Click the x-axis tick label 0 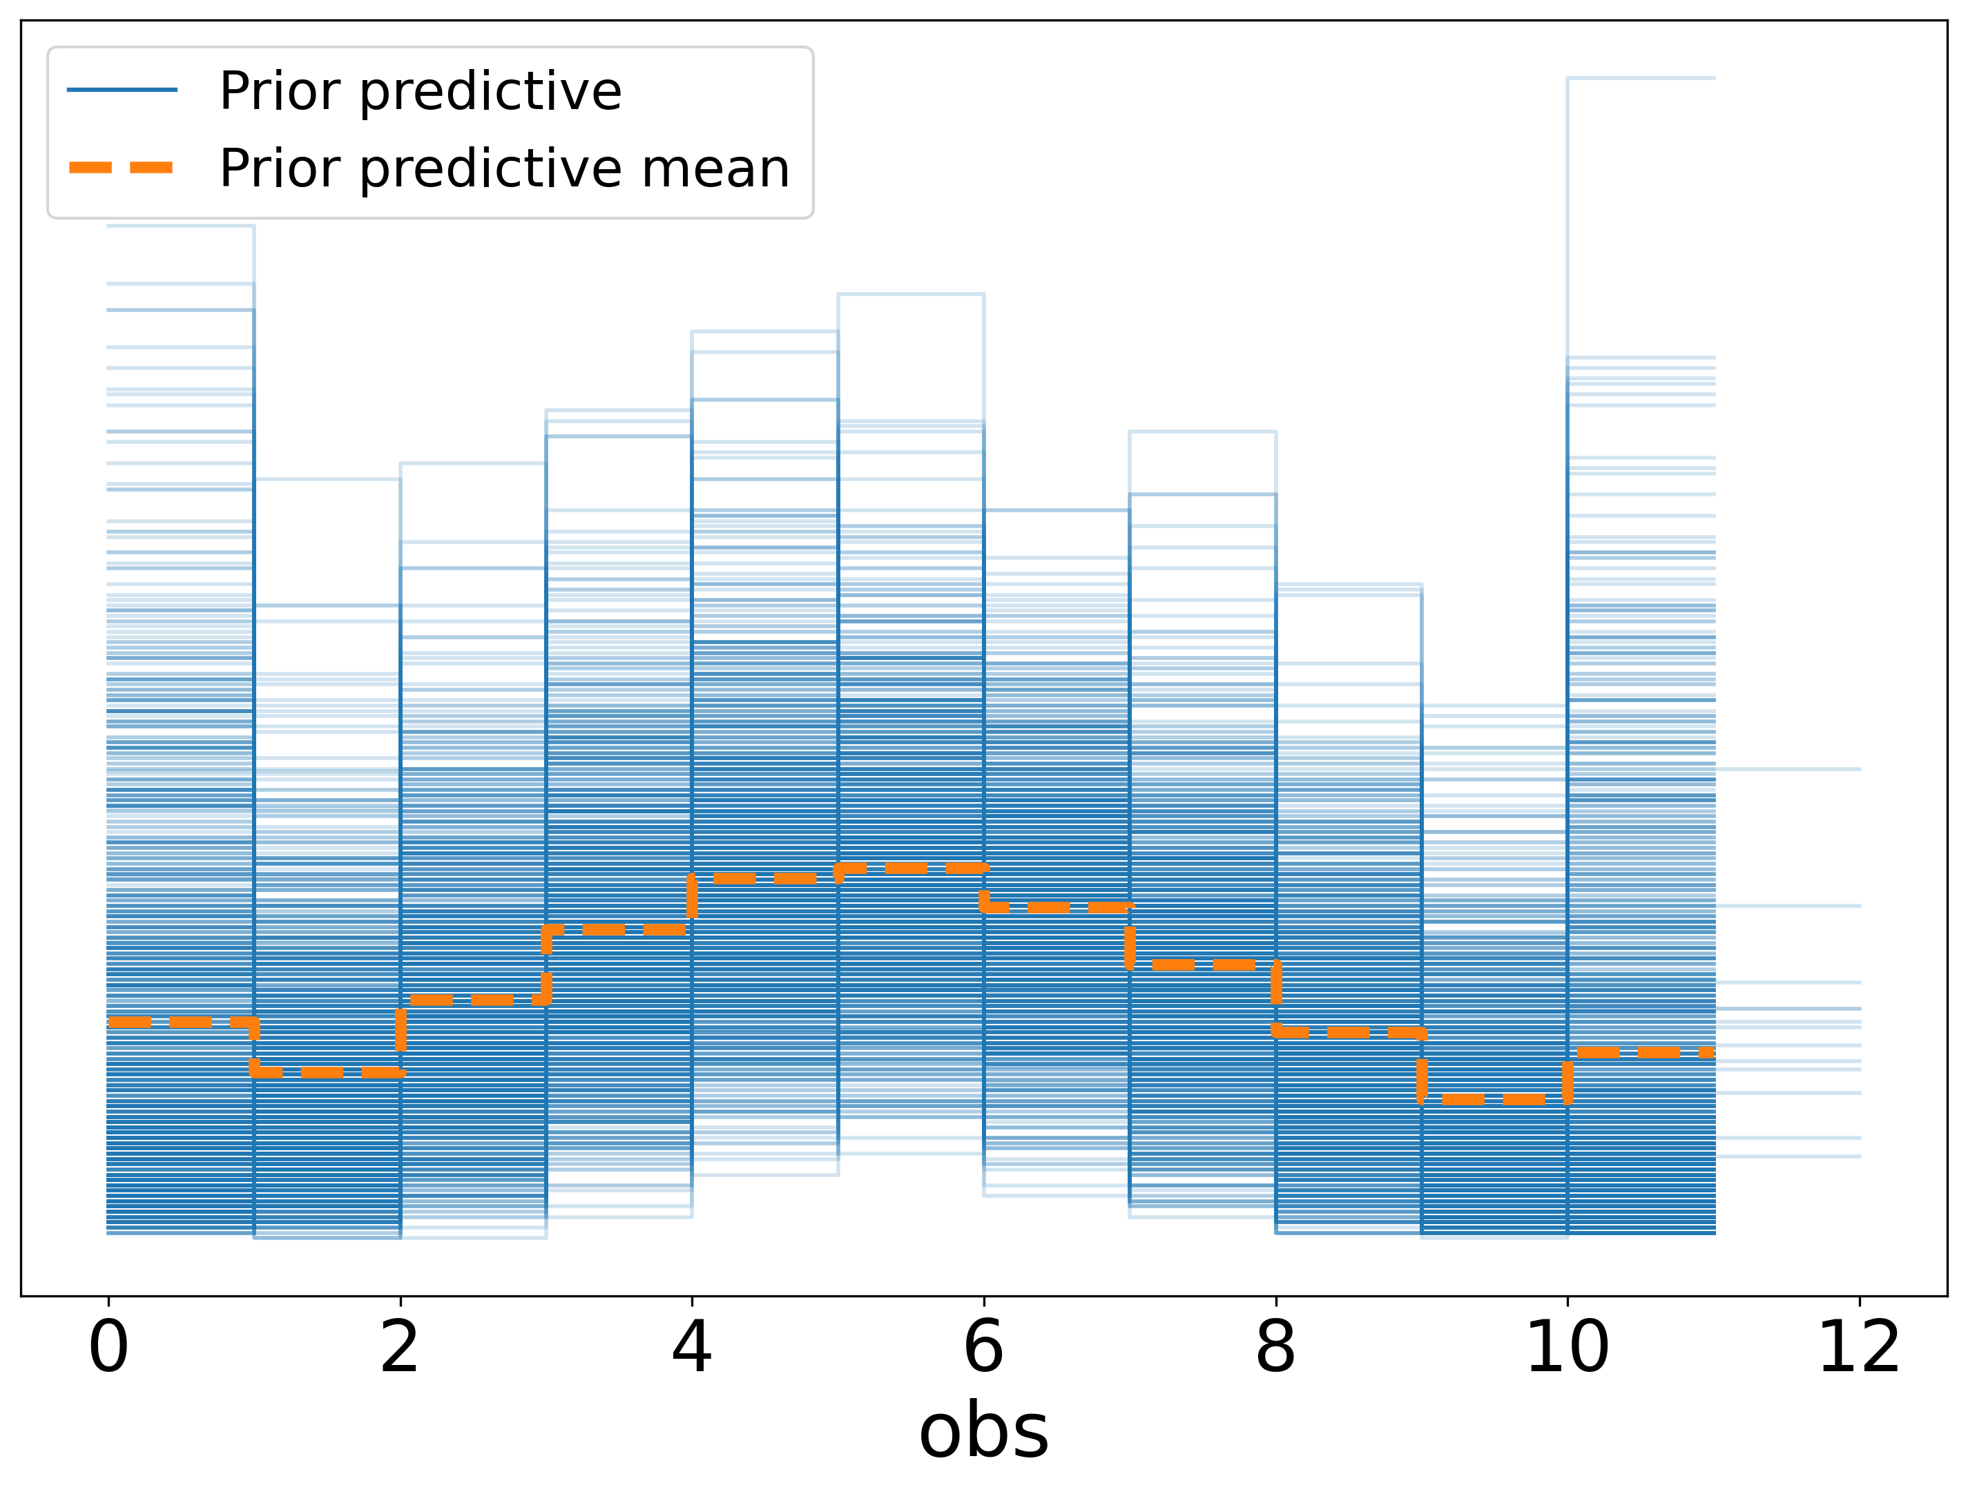(x=108, y=1349)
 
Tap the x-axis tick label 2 (x=401, y=1349)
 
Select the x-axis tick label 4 (x=692, y=1349)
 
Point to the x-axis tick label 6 (x=984, y=1349)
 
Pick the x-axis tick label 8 (x=1276, y=1349)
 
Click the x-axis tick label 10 (x=1567, y=1349)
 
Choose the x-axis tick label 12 (x=1860, y=1349)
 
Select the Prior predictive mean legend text (x=505, y=168)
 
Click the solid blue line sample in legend (x=122, y=90)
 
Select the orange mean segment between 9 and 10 (x=1495, y=1100)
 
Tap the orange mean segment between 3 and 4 (x=619, y=930)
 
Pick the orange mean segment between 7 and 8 (x=1203, y=965)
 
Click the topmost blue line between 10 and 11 (x=1641, y=78)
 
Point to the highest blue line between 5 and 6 (x=911, y=293)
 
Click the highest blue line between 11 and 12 (x=1788, y=768)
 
